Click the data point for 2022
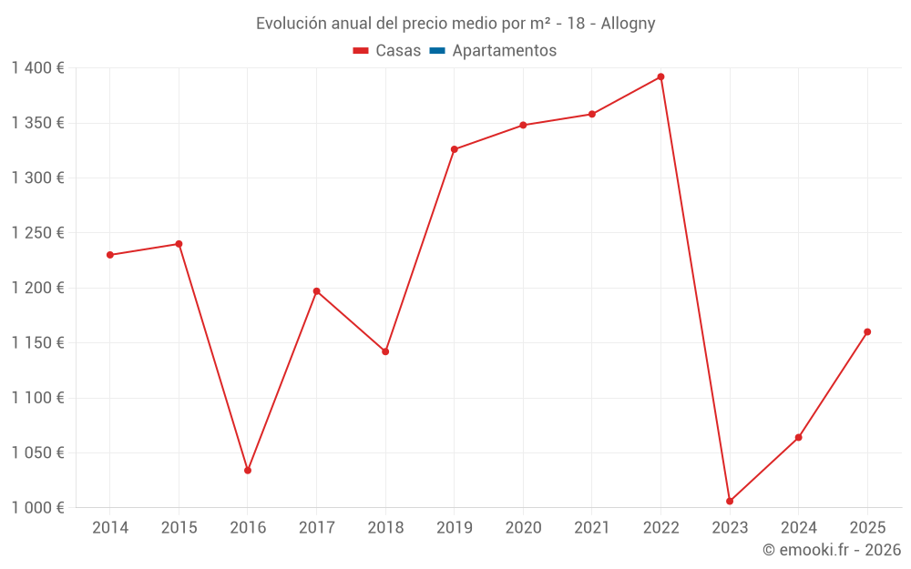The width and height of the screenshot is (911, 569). [660, 76]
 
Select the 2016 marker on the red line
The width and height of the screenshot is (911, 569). [248, 471]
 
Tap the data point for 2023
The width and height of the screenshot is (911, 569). [730, 501]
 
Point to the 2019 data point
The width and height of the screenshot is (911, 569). [455, 149]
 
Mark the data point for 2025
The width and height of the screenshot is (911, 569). [867, 331]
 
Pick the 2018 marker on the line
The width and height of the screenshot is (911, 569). [385, 351]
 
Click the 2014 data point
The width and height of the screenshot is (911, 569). [110, 255]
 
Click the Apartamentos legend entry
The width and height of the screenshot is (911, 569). [504, 51]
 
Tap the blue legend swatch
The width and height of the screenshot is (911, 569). [436, 51]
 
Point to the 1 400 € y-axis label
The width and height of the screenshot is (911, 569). [37, 68]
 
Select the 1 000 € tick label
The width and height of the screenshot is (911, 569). [37, 507]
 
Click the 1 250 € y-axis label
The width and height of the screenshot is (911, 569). [37, 233]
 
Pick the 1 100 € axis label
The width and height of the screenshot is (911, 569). [37, 398]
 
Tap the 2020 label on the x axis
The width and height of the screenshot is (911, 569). [523, 528]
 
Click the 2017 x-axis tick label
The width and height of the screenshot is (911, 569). [316, 528]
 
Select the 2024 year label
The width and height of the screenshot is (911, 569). [798, 528]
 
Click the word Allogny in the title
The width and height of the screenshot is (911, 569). [628, 24]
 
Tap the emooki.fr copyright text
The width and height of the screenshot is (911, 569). [832, 550]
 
